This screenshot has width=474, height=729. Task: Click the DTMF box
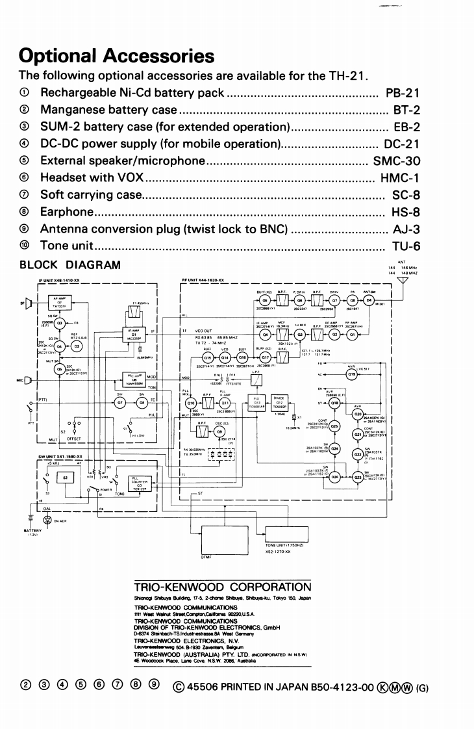click(x=227, y=534)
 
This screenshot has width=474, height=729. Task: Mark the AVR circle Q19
click(x=351, y=375)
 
